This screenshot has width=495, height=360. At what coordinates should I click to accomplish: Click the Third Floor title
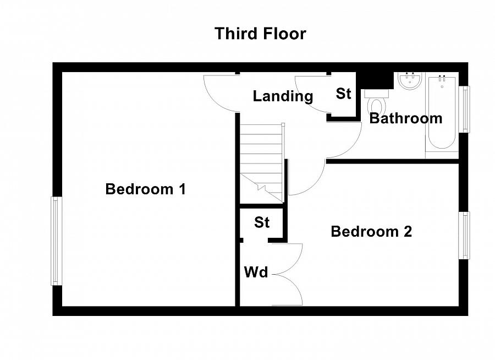click(x=260, y=34)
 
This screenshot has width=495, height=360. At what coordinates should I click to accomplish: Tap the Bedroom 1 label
click(x=145, y=189)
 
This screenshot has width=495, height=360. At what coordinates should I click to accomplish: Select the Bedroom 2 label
click(x=371, y=231)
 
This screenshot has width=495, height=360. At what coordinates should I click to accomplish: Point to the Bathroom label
click(x=406, y=118)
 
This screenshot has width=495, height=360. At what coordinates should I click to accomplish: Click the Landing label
click(x=283, y=96)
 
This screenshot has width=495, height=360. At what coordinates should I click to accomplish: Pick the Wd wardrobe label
click(x=256, y=272)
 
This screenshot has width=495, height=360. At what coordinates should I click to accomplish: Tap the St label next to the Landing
click(x=343, y=94)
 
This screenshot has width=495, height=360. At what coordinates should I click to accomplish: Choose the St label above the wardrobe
click(x=262, y=222)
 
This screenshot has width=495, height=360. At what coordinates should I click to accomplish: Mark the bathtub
click(x=442, y=112)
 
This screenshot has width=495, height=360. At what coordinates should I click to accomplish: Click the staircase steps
click(x=261, y=163)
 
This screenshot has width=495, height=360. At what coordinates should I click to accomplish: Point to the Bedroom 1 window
click(x=56, y=241)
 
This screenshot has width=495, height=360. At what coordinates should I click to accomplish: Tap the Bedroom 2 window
click(x=464, y=236)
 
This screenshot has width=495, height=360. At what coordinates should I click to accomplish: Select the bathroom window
click(x=464, y=109)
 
